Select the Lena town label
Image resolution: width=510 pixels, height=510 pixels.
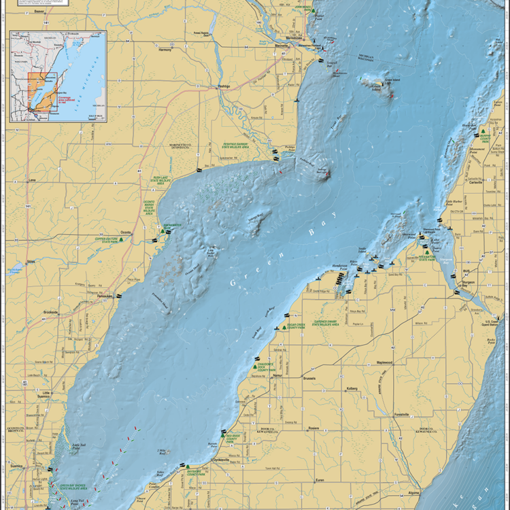pos(31,180)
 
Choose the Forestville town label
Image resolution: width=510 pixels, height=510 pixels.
pos(402,414)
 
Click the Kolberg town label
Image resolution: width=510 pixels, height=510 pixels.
pos(352,389)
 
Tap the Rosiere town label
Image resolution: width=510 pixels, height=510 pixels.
pos(313,428)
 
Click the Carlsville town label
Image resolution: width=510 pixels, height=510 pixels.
pos(474,182)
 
